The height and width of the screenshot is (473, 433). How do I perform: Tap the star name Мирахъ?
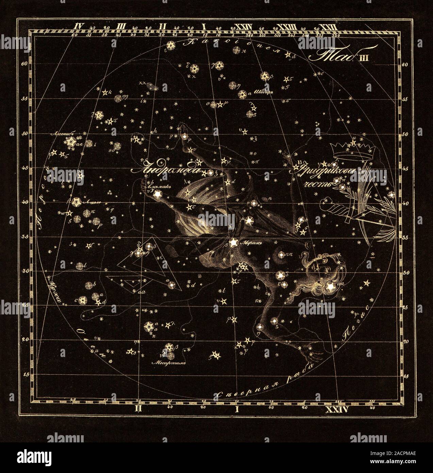pyautogui.click(x=246, y=244)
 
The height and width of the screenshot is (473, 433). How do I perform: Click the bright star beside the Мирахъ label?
pyautogui.click(x=233, y=243)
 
